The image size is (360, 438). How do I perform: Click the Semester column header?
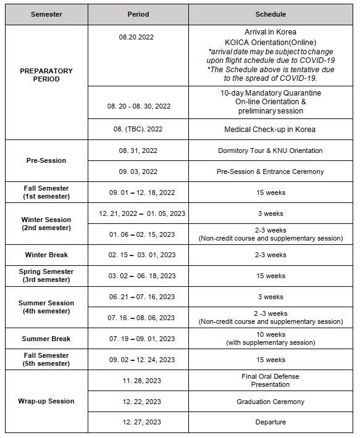(x=46, y=14)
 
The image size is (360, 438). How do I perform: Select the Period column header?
(x=138, y=14)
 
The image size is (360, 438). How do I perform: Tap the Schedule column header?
(x=270, y=14)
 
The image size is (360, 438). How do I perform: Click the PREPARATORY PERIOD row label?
(x=46, y=75)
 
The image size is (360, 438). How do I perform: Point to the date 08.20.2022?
(x=136, y=37)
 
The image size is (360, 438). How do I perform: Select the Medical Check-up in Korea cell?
(x=270, y=130)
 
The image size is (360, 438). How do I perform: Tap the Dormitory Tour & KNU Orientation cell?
(x=270, y=151)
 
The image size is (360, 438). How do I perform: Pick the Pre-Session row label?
(x=46, y=160)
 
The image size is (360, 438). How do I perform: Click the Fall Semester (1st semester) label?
(x=46, y=192)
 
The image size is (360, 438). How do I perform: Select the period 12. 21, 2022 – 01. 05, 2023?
(x=142, y=213)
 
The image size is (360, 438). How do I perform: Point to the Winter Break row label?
(x=46, y=255)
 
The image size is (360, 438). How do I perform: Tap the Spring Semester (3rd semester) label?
(x=46, y=276)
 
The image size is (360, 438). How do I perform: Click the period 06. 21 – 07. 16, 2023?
(x=142, y=297)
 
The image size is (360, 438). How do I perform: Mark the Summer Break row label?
(x=46, y=339)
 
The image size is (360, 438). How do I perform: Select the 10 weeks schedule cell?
(x=270, y=339)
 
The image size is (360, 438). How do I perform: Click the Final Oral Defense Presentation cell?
(x=270, y=380)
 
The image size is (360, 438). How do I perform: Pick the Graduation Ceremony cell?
(x=270, y=402)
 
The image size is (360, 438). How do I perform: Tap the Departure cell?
(x=270, y=422)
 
